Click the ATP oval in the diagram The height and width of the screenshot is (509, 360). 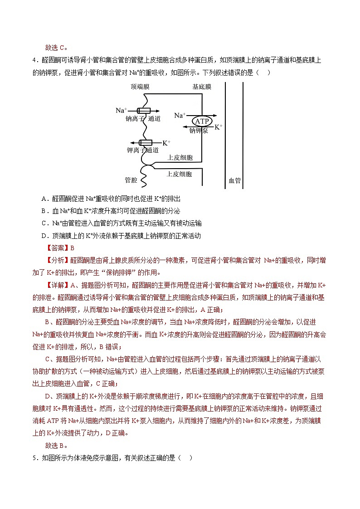pos(201,121)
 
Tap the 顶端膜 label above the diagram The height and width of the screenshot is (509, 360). pos(140,86)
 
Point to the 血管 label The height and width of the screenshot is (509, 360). pos(234,180)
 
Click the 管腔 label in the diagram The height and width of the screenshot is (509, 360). pos(131,180)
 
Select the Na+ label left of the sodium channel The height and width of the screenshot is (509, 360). pos(121,110)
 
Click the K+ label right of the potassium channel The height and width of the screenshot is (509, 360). pos(166,142)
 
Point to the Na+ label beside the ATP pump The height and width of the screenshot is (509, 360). pos(180,116)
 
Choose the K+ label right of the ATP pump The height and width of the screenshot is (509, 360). pos(218,127)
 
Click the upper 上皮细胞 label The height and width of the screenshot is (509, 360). pos(180,158)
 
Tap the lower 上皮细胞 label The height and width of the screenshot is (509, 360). pos(179,174)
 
